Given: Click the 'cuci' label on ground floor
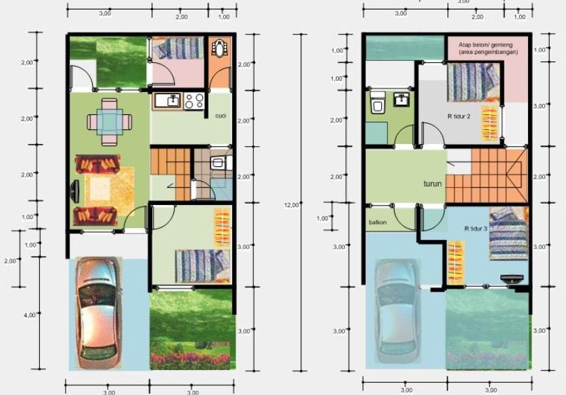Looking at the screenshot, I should pos(220,116).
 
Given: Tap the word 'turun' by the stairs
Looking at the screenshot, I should pos(433,183).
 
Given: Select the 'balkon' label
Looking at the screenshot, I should pos(378,222).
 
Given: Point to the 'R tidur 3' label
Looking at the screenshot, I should pos(476,229).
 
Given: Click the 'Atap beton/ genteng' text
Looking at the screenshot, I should pos(485,44).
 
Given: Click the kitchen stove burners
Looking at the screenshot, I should pos(194,101).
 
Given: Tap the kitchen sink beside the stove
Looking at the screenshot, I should pos(168,101).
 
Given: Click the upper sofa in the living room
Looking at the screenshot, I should pos(99,164).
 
